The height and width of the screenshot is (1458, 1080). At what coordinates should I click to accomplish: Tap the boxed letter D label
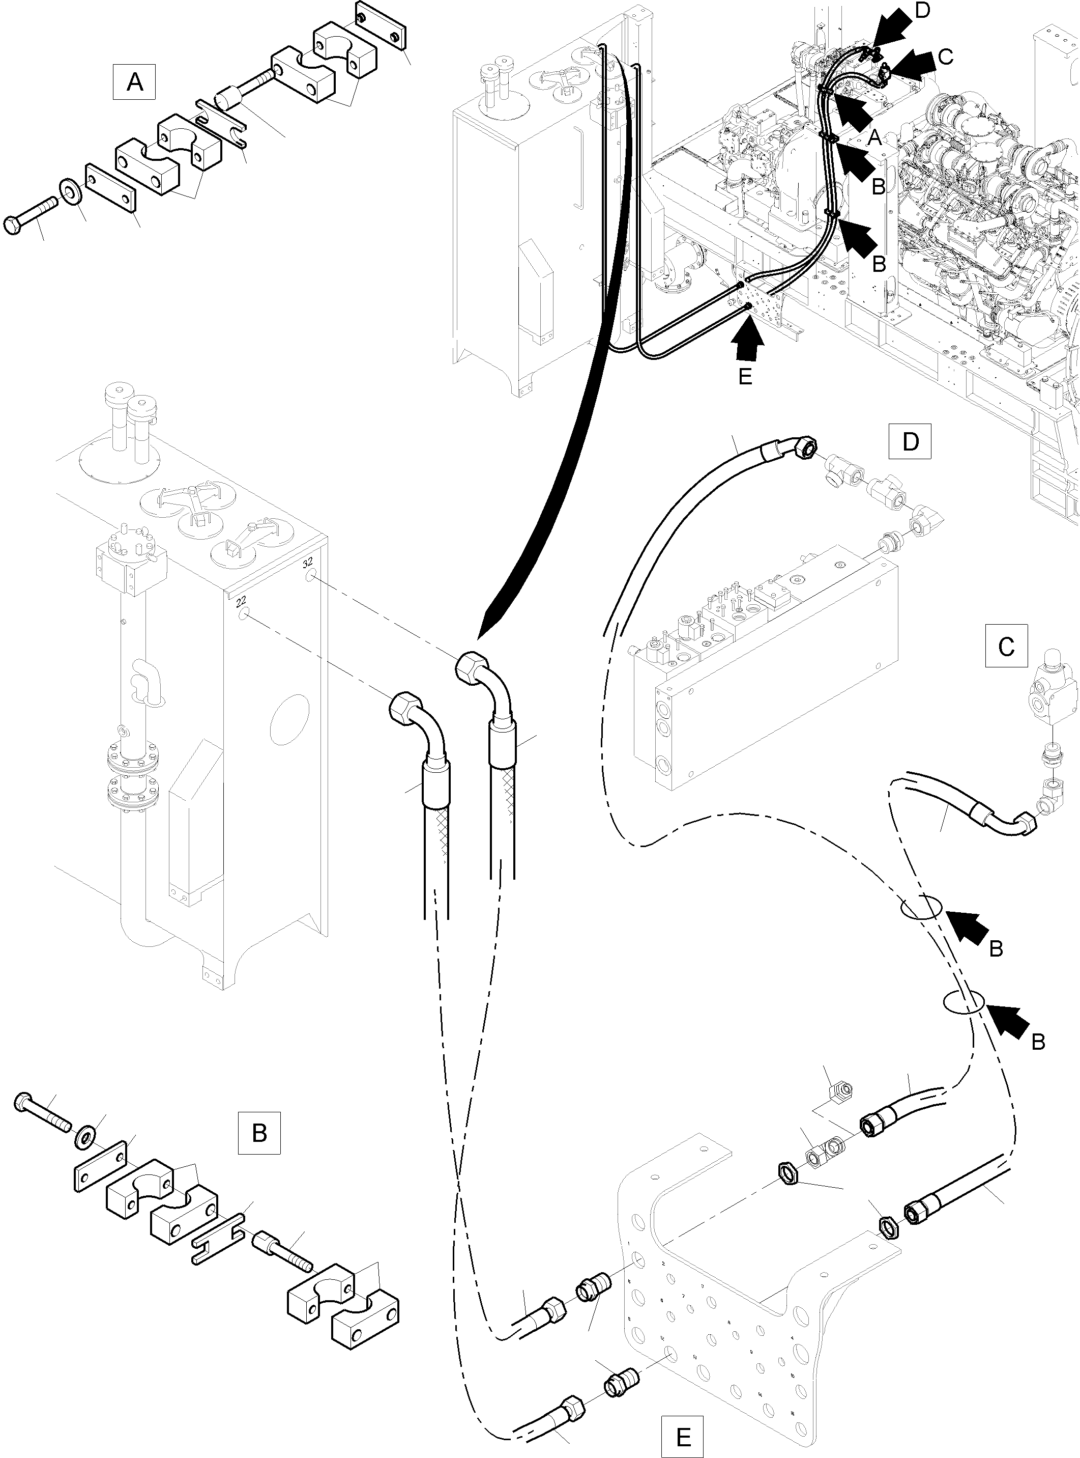coord(910,443)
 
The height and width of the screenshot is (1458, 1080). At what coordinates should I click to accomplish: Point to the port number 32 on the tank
coord(309,544)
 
